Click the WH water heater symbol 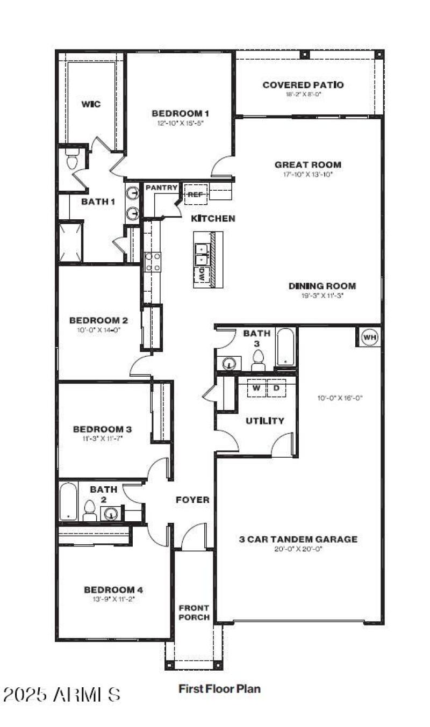click(369, 337)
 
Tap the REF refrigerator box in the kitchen click(196, 195)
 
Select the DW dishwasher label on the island click(202, 275)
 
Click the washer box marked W click(256, 388)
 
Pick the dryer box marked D click(276, 388)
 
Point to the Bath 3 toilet click(258, 360)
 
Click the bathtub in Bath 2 click(68, 501)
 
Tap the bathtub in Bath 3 click(284, 347)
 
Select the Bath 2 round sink click(110, 514)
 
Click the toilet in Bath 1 click(71, 160)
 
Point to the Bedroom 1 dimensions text click(180, 123)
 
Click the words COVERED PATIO click(303, 85)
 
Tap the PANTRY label click(161, 188)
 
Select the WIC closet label click(91, 104)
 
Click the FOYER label click(192, 500)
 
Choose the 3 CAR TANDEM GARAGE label click(298, 539)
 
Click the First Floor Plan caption click(219, 688)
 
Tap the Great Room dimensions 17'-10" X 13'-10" click(308, 175)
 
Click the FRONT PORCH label click(194, 613)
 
